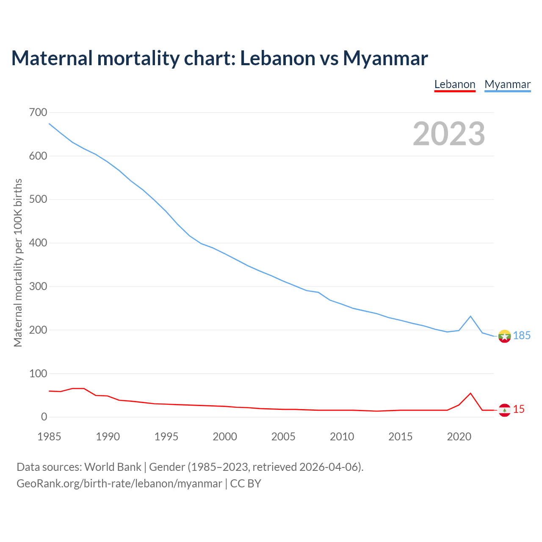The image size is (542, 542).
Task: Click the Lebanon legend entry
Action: tap(455, 84)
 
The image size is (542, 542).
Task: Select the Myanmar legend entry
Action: tap(507, 84)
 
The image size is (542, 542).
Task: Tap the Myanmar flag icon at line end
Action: tap(504, 336)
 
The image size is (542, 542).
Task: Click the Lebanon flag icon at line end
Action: tap(504, 410)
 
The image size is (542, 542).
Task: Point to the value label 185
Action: tap(522, 336)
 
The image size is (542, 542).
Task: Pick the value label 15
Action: tap(519, 409)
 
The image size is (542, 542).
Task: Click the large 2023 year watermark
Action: tap(449, 134)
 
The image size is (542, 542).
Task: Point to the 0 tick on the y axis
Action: tap(44, 417)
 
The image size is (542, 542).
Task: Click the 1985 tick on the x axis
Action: tap(49, 437)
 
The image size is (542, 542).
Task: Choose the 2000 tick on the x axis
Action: tap(225, 437)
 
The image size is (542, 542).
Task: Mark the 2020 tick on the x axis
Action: tap(459, 437)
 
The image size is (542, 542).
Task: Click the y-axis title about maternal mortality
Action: tap(18, 263)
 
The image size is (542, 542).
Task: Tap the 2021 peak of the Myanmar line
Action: tap(470, 316)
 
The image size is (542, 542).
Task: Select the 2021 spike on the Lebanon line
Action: tap(470, 393)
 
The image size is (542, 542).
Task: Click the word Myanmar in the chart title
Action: tap(385, 58)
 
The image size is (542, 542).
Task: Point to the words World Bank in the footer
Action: tap(113, 467)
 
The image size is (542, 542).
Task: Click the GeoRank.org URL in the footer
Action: tap(119, 484)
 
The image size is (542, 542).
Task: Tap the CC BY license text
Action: tap(246, 484)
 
